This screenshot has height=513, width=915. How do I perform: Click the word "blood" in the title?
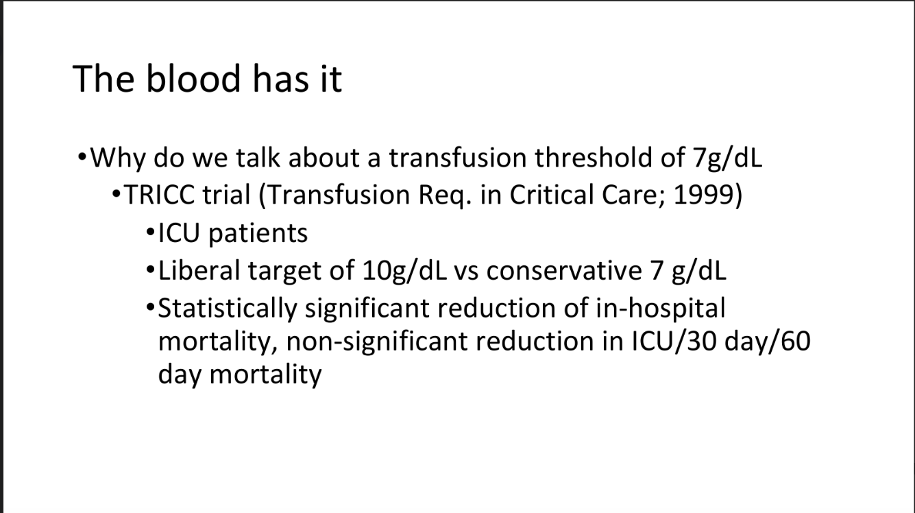[193, 78]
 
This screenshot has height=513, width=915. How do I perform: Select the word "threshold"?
[593, 158]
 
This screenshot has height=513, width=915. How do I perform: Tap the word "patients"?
[258, 234]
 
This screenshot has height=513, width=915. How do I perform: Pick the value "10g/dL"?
[405, 272]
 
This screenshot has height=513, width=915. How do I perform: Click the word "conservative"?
[564, 272]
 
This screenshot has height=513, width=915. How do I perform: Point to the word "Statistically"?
[227, 309]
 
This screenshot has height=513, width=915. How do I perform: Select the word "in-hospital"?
[661, 309]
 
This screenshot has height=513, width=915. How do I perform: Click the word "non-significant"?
[376, 342]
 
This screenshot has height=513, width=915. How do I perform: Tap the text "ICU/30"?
[674, 342]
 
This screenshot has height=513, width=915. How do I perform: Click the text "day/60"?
[768, 342]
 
